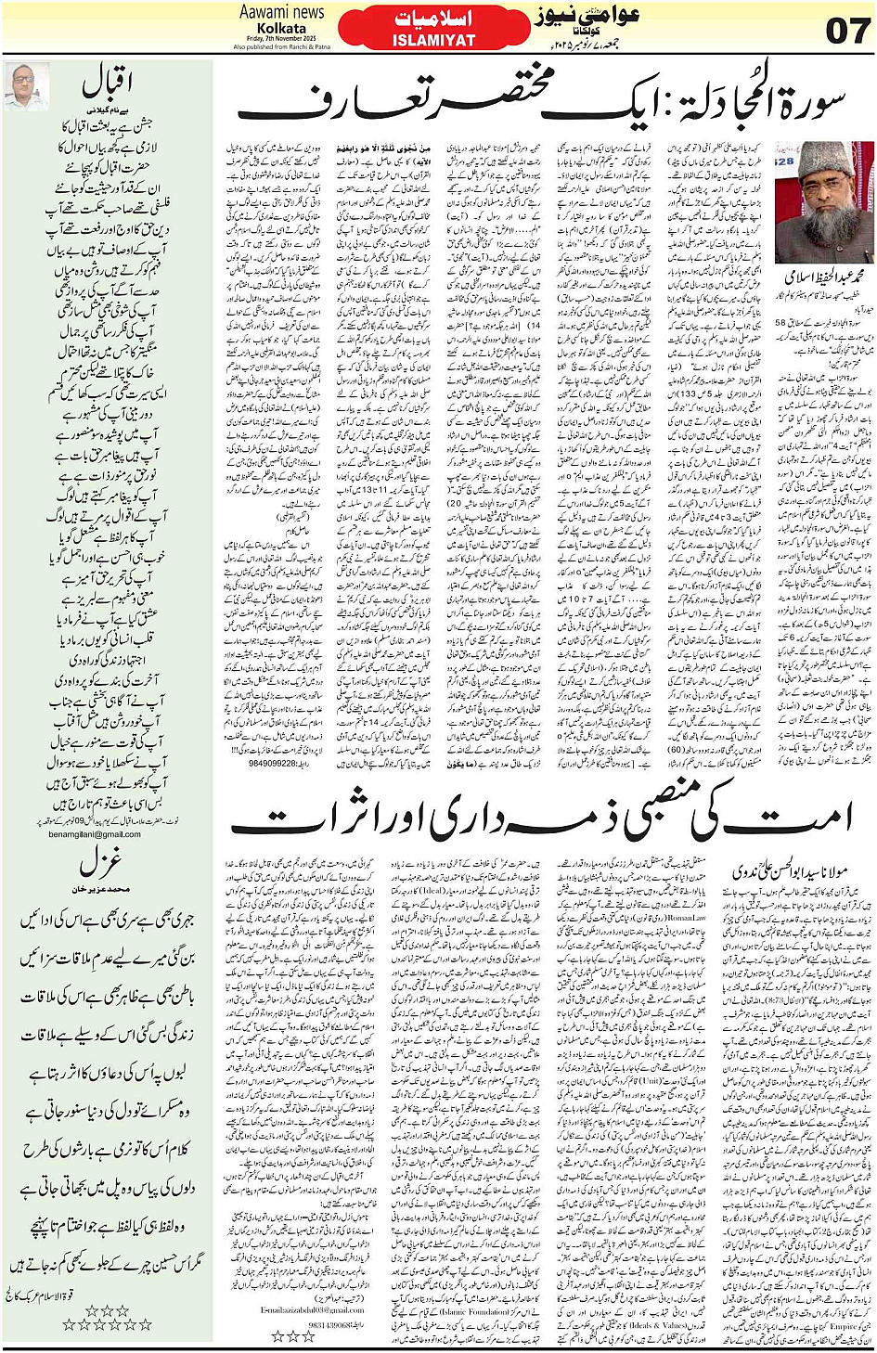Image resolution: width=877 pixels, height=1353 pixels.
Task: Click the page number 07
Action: (x=846, y=30)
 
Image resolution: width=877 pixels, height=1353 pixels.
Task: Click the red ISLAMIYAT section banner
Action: (x=433, y=29)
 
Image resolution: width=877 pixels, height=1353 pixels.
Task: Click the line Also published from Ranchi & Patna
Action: (x=281, y=46)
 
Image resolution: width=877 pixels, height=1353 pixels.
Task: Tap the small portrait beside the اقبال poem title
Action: (x=26, y=87)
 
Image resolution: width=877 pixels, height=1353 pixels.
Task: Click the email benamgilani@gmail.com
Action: (x=95, y=834)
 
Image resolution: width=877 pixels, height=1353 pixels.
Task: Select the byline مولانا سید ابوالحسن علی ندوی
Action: (x=787, y=871)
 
